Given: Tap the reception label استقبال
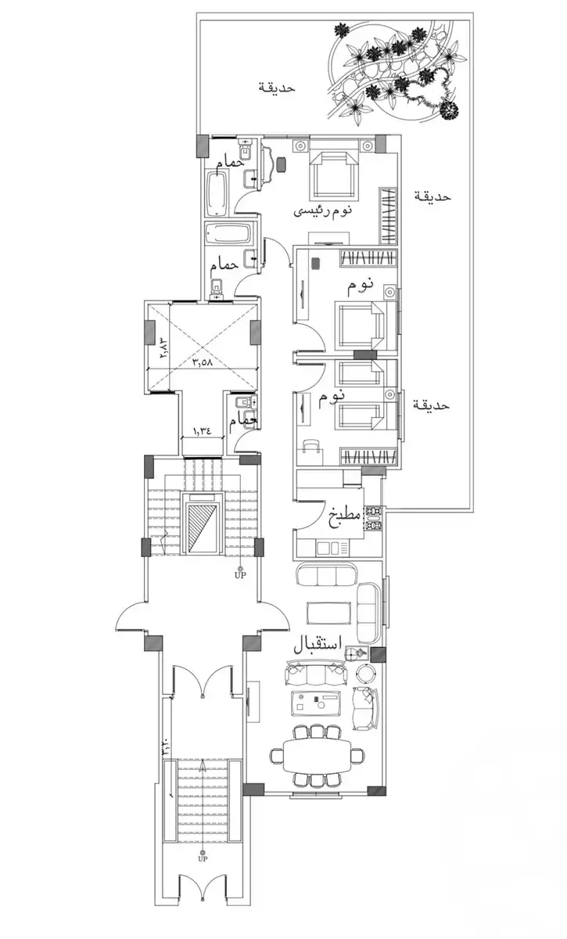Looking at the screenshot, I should [318, 646].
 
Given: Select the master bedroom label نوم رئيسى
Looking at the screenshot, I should [323, 211].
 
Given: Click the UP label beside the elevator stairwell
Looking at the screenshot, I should [240, 575].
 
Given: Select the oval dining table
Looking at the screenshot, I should [318, 755].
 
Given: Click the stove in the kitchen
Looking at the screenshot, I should [373, 519].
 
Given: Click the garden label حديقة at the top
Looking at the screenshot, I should [277, 88].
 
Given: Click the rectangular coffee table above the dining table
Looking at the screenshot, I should [318, 703].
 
